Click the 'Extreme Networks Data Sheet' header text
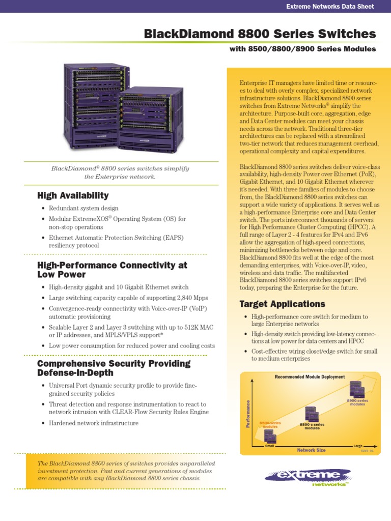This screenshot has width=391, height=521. pyautogui.click(x=330, y=7)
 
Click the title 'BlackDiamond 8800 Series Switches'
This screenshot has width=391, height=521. pyautogui.click(x=260, y=34)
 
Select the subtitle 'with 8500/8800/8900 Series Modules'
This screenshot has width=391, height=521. pyautogui.click(x=302, y=49)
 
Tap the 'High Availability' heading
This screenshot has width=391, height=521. pyautogui.click(x=73, y=195)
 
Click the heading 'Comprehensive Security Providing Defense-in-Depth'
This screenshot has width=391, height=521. pyautogui.click(x=114, y=368)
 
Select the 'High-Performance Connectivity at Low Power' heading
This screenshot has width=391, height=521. pyautogui.click(x=112, y=270)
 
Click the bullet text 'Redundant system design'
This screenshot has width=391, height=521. pyautogui.click(x=83, y=208)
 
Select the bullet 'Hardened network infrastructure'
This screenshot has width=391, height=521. pyautogui.click(x=94, y=423)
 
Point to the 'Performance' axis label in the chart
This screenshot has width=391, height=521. pyautogui.click(x=248, y=414)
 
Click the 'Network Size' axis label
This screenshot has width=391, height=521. pyautogui.click(x=311, y=450)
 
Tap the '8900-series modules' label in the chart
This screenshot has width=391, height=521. pyautogui.click(x=357, y=402)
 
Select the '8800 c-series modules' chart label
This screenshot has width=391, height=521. pyautogui.click(x=312, y=426)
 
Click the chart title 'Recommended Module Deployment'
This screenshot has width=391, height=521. pyautogui.click(x=310, y=377)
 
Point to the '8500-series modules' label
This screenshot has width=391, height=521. pyautogui.click(x=270, y=424)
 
